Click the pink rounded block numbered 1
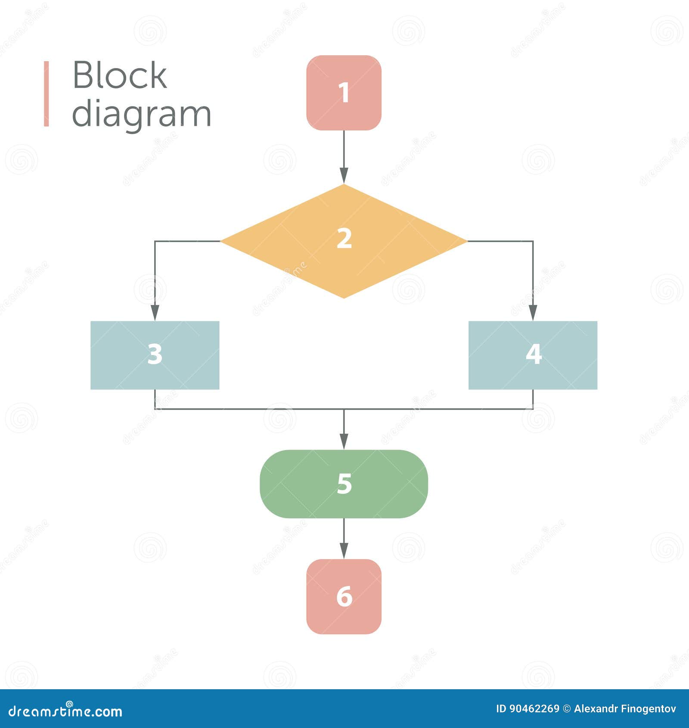[344, 93]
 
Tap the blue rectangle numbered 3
[155, 355]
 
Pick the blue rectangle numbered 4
[533, 355]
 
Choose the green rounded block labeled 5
[344, 484]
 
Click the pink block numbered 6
[344, 596]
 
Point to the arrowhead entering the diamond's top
[344, 175]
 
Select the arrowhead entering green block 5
[344, 441]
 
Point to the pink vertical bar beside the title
[46, 93]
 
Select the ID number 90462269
[534, 709]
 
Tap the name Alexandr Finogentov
[625, 709]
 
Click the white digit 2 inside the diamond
[344, 238]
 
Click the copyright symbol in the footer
[567, 709]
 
